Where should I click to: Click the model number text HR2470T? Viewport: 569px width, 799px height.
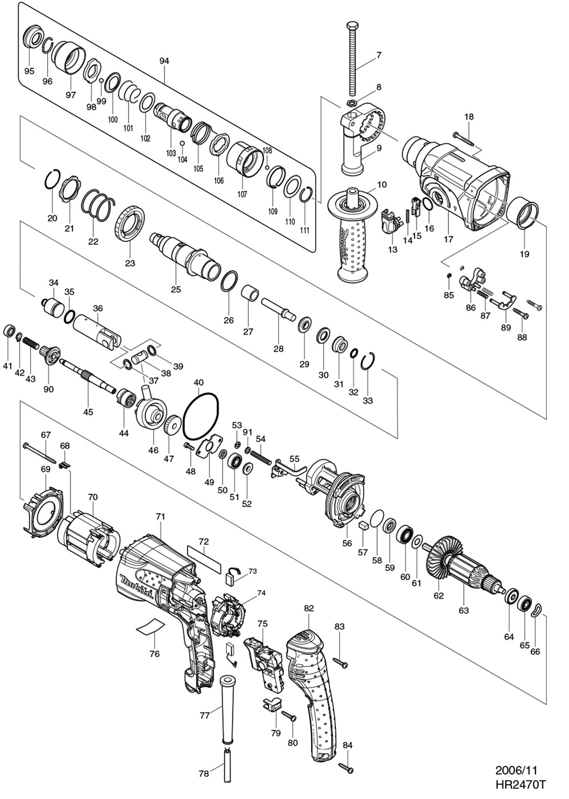(x=520, y=785)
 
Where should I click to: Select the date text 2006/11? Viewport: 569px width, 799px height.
(x=516, y=771)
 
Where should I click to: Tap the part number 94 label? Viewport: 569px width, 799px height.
(x=164, y=61)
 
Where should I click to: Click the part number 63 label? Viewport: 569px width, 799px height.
(x=464, y=611)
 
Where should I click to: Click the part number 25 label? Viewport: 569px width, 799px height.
(x=175, y=290)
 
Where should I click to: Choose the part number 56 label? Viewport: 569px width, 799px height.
(x=347, y=543)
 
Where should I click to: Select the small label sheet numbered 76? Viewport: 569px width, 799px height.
(x=150, y=627)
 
